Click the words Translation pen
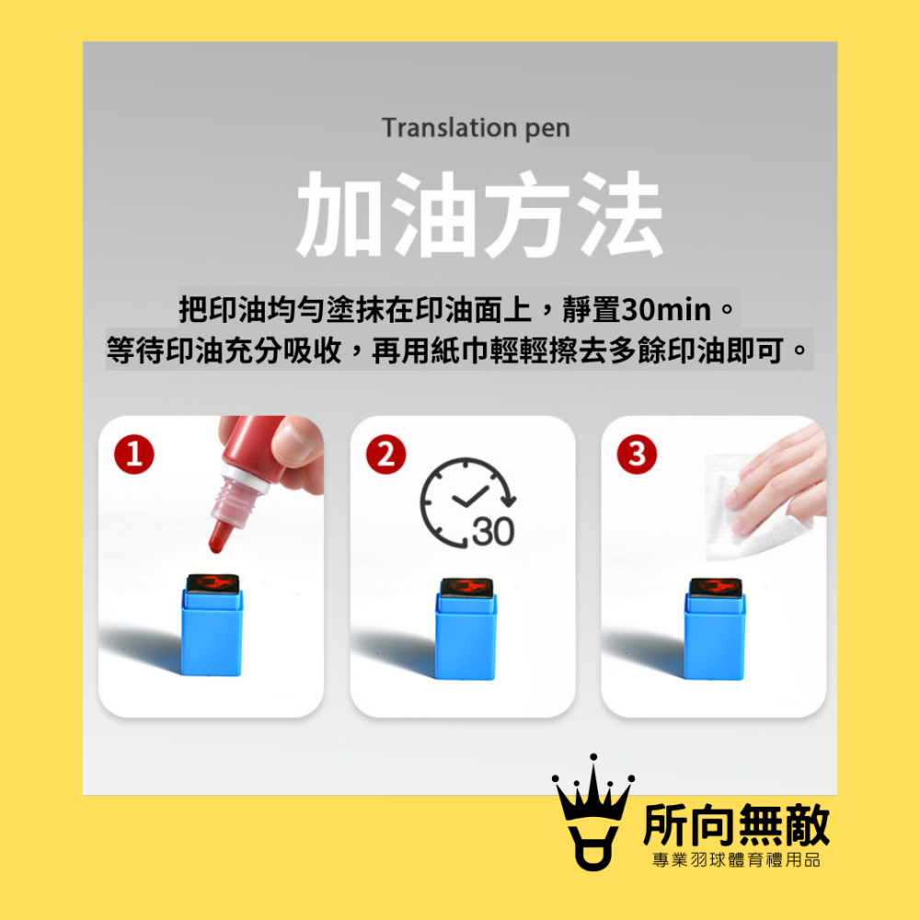[x=476, y=127]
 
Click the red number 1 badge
[x=134, y=454]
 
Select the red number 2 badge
[x=385, y=454]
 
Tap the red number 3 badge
[x=637, y=454]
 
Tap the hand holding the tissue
[x=782, y=478]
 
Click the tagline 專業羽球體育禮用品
[x=736, y=860]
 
